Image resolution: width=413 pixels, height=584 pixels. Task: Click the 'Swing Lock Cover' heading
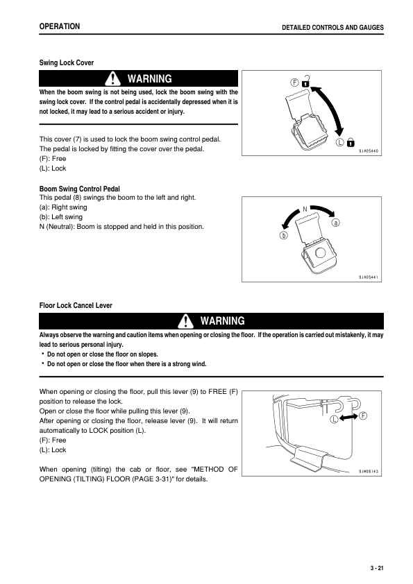click(66, 63)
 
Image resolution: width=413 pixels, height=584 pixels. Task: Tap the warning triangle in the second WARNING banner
click(185, 320)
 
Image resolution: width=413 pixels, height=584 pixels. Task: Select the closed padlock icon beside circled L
click(351, 143)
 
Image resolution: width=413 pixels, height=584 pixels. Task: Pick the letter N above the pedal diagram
click(304, 208)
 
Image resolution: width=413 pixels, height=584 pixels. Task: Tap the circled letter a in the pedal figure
click(336, 223)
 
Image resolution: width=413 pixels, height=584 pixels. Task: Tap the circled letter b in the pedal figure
click(283, 237)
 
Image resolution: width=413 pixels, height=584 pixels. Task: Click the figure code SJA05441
click(369, 277)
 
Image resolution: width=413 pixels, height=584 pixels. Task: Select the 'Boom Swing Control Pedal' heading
click(80, 189)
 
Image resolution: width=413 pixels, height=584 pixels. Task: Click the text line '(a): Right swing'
click(63, 207)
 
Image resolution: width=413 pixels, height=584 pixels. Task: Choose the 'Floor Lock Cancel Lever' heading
click(76, 305)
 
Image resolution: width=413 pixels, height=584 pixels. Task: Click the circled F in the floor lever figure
click(363, 415)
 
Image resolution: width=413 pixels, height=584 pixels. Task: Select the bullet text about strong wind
click(126, 363)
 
